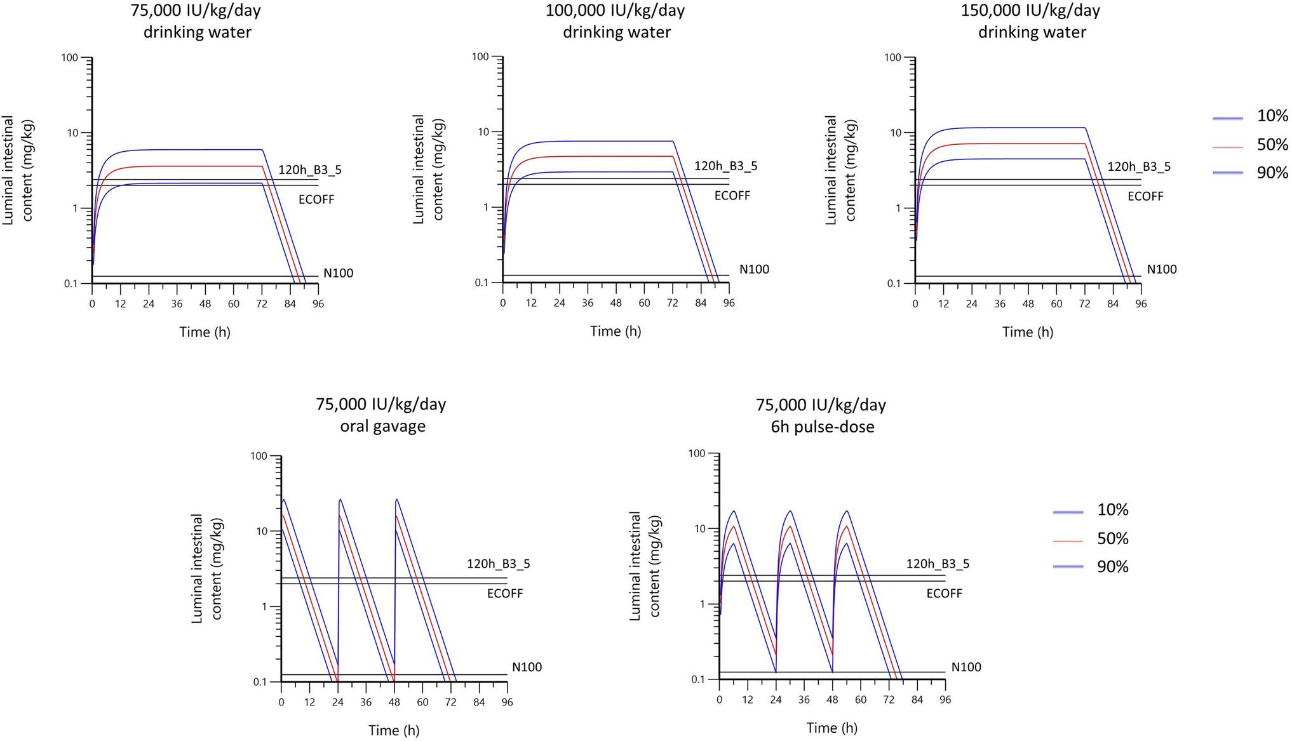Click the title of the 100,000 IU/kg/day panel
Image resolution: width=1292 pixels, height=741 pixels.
(616, 21)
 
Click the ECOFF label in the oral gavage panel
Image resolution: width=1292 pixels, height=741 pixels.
(505, 594)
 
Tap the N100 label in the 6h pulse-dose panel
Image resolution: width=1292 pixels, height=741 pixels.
(966, 667)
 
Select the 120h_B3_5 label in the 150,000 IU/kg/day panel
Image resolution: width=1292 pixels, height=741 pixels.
(1139, 167)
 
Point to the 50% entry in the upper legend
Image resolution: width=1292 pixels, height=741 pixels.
(1272, 145)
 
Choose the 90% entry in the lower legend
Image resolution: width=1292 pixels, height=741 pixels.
(1112, 566)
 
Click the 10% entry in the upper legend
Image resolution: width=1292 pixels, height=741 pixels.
(1272, 116)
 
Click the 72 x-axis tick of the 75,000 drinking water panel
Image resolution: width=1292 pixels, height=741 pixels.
(262, 304)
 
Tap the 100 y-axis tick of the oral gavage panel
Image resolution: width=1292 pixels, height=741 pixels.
(259, 456)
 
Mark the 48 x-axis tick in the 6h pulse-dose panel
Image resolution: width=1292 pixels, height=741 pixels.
(832, 700)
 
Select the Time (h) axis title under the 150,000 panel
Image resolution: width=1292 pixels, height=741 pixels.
(1027, 332)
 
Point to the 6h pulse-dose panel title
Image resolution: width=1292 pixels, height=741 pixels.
(821, 415)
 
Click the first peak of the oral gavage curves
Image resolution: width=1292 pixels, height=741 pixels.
(284, 500)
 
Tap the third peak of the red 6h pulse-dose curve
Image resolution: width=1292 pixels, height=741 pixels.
(847, 526)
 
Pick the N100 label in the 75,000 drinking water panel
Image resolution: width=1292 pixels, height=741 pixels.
(338, 274)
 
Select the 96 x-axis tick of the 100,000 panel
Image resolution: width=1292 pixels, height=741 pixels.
(729, 304)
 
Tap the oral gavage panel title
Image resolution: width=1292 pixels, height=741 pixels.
(381, 415)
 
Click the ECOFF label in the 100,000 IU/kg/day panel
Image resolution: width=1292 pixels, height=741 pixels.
(732, 196)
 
